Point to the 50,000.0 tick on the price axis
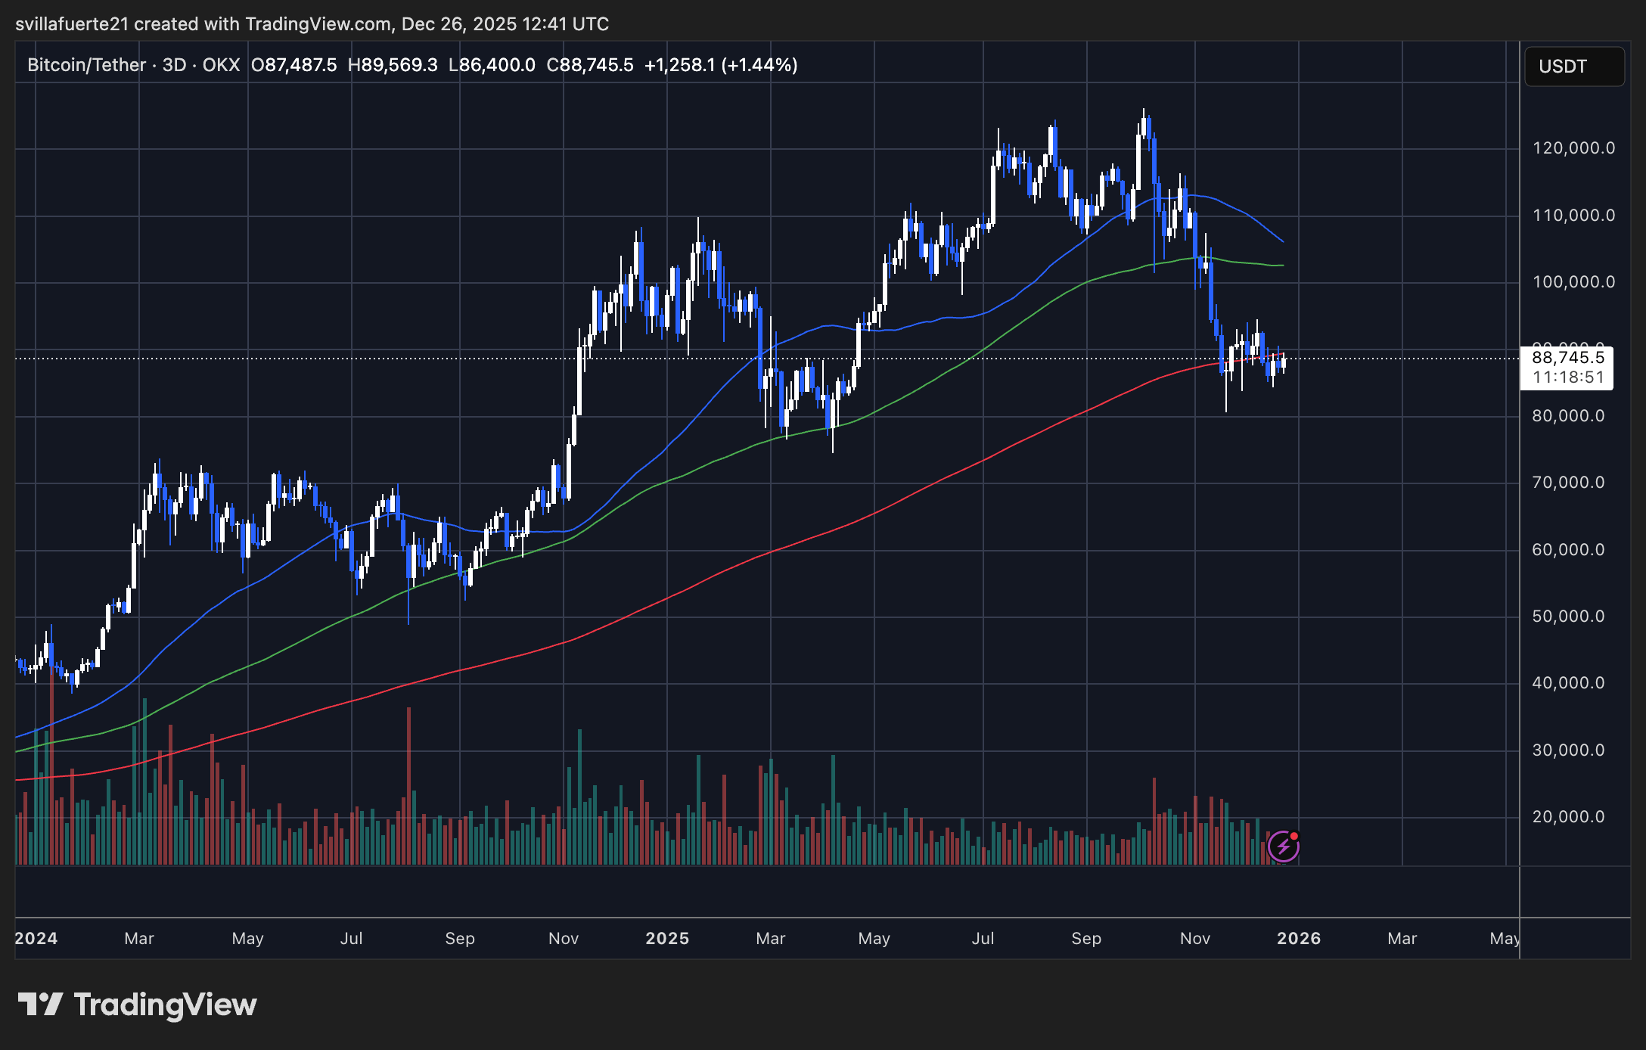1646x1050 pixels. pyautogui.click(x=1567, y=617)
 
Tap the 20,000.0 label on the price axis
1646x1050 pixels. pyautogui.click(x=1567, y=817)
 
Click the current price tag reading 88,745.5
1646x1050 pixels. pyautogui.click(x=1567, y=358)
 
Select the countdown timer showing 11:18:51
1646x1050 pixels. pyautogui.click(x=1567, y=377)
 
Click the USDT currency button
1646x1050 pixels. pyautogui.click(x=1573, y=67)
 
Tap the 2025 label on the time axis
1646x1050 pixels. pyautogui.click(x=666, y=939)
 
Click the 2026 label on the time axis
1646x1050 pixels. pyautogui.click(x=1298, y=939)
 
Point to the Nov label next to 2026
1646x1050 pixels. pyautogui.click(x=1194, y=939)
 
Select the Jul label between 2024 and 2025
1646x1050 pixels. pyautogui.click(x=351, y=939)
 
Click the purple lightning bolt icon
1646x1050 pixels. pyautogui.click(x=1283, y=847)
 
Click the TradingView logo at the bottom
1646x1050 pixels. pyautogui.click(x=138, y=1005)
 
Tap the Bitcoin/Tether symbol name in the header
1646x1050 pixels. pyautogui.click(x=86, y=65)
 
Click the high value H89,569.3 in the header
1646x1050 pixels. pyautogui.click(x=392, y=65)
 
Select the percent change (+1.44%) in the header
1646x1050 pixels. pyautogui.click(x=759, y=65)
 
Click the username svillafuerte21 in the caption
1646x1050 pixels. pyautogui.click(x=72, y=24)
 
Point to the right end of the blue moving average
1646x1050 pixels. pyautogui.click(x=1282, y=241)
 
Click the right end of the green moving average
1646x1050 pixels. pyautogui.click(x=1282, y=266)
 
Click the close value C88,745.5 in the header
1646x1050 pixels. pyautogui.click(x=589, y=65)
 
